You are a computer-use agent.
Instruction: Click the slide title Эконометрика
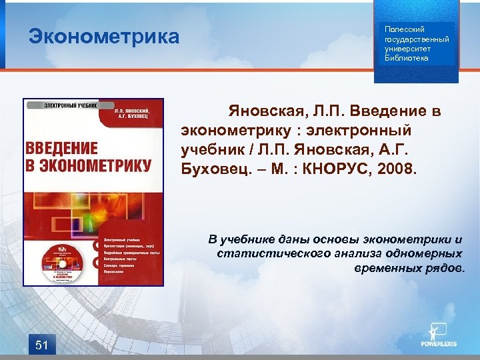coord(104,36)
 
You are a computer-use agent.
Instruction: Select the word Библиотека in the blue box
coord(406,58)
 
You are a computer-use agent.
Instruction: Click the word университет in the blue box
coord(407,49)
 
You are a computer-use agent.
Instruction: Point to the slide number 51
coord(41,345)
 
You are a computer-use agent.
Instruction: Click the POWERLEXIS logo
coord(438,336)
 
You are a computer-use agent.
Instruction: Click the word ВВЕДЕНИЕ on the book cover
coord(61,148)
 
